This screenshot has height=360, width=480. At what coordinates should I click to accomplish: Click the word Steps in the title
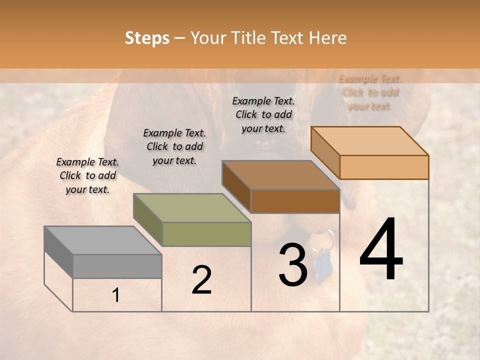[x=146, y=38]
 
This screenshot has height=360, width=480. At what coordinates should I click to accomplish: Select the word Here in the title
[x=327, y=38]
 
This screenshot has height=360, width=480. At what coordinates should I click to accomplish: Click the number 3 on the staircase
[x=292, y=265]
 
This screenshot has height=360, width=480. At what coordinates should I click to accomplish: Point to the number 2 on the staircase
[x=201, y=280]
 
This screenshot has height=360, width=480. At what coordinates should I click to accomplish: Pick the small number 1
[x=116, y=295]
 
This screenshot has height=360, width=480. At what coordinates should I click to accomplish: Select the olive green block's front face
[x=206, y=234]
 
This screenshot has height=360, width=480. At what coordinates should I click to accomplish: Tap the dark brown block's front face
[x=295, y=201]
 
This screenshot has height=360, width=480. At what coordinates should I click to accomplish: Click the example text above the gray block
[x=87, y=175]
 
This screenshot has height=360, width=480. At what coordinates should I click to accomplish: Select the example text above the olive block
[x=174, y=146]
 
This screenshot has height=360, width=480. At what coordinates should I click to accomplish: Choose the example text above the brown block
[x=263, y=114]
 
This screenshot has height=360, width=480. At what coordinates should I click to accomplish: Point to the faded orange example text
[x=370, y=92]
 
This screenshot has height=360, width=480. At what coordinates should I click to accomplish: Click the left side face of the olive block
[x=147, y=220]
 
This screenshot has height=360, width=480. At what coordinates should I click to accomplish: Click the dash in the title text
[x=180, y=38]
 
